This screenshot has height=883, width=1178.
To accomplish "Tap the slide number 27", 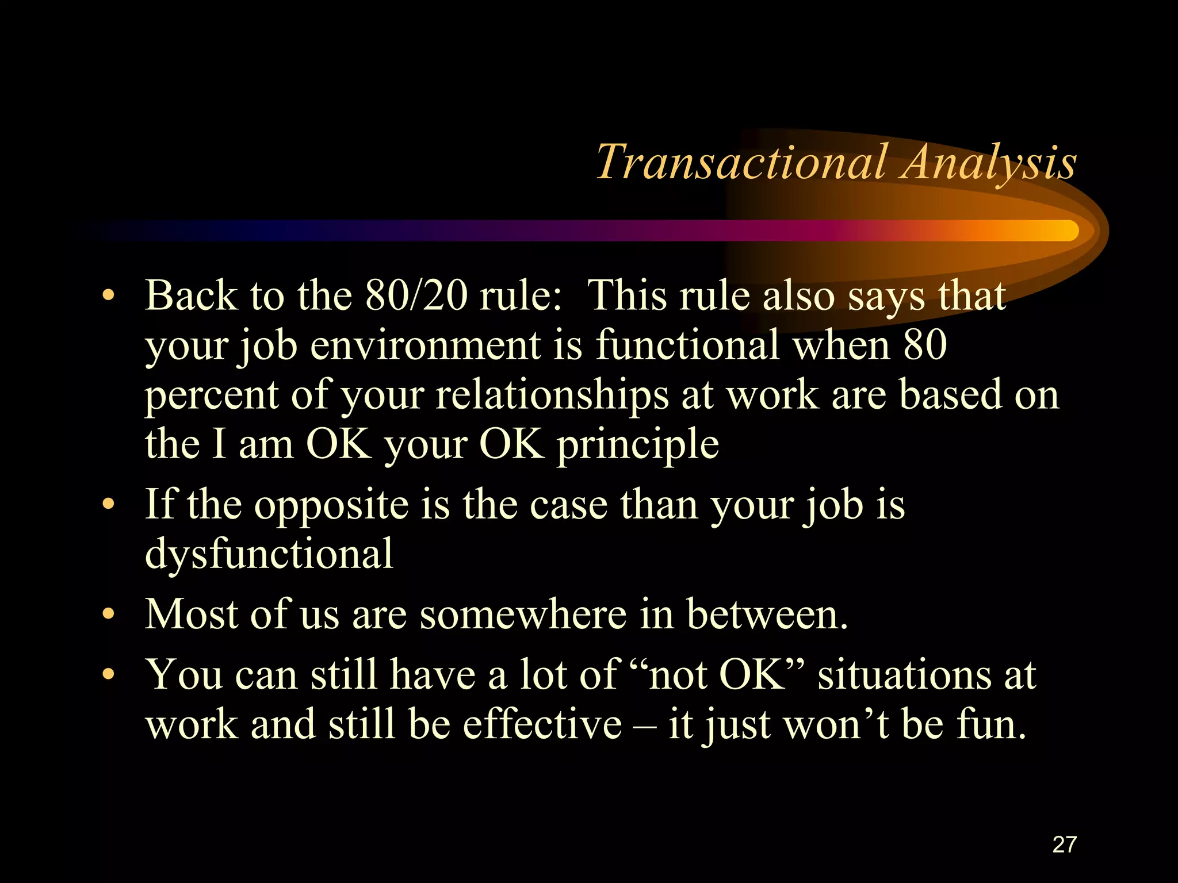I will tap(1064, 844).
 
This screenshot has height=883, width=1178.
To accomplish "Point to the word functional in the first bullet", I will tap(687, 345).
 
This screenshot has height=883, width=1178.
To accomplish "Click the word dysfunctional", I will tap(269, 553).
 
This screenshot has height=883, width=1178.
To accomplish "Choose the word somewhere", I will tap(523, 615).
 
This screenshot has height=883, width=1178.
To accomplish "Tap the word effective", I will tap(542, 724).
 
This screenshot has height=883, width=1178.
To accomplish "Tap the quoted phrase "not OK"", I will tap(716, 674).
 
